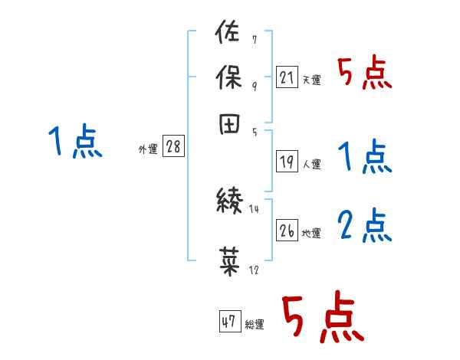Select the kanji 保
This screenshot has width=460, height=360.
click(x=227, y=79)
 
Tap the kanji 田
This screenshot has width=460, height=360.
click(x=227, y=123)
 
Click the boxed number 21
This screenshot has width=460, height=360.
click(x=286, y=77)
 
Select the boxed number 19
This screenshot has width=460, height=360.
click(x=286, y=162)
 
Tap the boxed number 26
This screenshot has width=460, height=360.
click(x=287, y=231)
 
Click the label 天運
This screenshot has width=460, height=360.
click(x=311, y=80)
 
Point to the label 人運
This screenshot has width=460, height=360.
click(x=311, y=164)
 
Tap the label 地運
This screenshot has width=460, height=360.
click(x=311, y=233)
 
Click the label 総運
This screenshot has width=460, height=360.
click(x=255, y=324)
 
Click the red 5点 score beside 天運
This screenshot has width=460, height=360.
click(x=364, y=74)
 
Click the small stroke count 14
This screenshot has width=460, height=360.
click(x=255, y=208)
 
